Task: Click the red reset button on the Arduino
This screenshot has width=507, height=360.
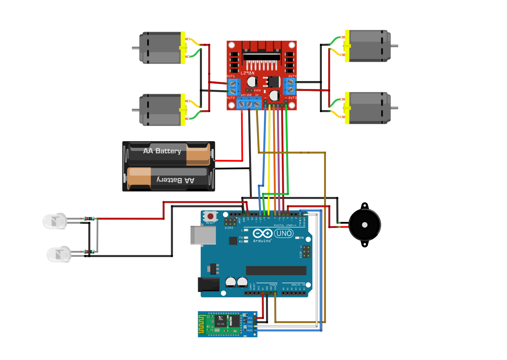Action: pos(210,216)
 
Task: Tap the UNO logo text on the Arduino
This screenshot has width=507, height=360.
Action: pos(284,233)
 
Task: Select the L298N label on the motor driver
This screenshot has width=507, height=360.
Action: pos(248,73)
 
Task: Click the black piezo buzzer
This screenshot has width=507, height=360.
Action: pos(364,225)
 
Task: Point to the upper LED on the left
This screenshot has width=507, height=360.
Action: pos(55,221)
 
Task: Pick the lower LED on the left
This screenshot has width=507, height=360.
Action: pos(59,254)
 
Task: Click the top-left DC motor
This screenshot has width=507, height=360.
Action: pos(162,48)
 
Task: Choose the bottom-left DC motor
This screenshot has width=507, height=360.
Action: pos(162,110)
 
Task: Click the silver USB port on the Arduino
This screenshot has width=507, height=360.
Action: pos(203,235)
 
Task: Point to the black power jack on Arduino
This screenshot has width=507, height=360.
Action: pos(208,284)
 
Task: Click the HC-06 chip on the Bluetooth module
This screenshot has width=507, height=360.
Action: pos(220,322)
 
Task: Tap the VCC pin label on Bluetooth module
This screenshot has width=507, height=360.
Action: pos(250,318)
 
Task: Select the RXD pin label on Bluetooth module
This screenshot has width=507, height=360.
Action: pos(250,330)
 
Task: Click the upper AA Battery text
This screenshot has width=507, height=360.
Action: pos(162,151)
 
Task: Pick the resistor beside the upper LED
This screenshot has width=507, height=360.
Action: pos(89,218)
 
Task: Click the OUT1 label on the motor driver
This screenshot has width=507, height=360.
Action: pos(231,76)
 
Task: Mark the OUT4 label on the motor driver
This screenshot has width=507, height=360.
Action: pos(292,76)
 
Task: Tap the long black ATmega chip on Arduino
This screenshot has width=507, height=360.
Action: pos(276,271)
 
